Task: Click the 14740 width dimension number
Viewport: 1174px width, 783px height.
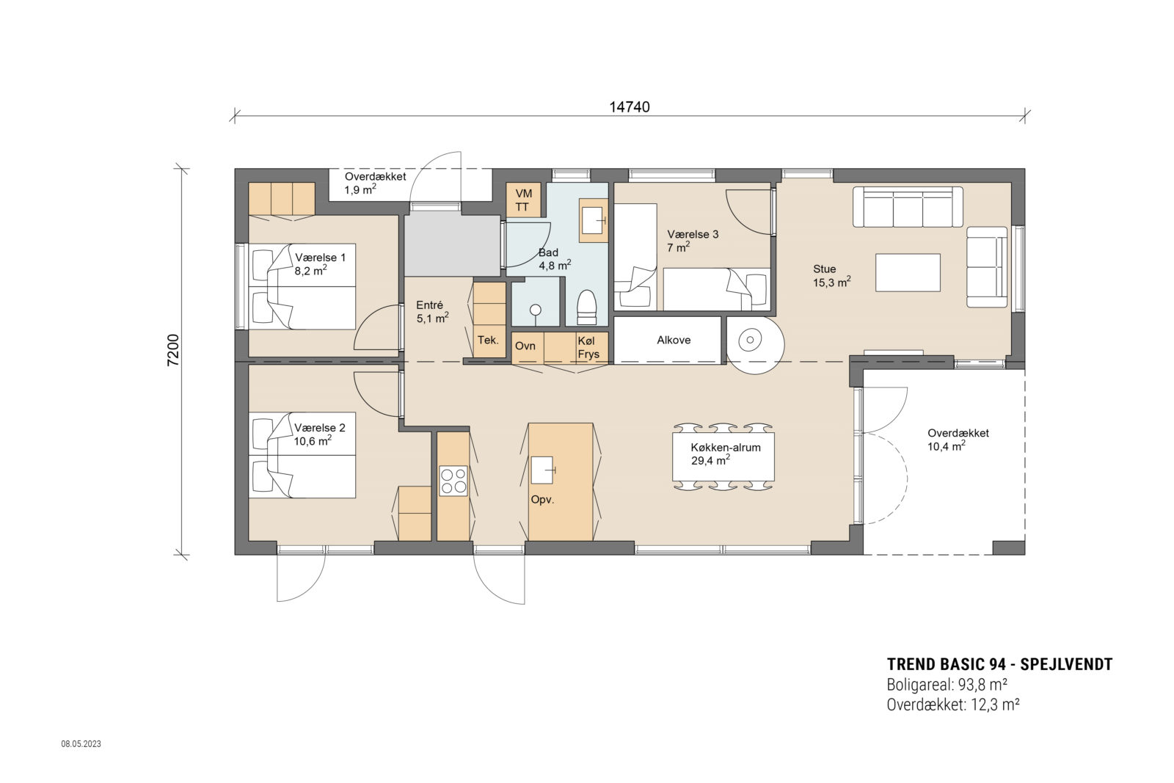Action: pos(630,107)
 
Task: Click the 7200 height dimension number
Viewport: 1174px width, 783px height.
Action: pos(173,350)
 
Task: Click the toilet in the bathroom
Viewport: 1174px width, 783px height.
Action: pos(587,307)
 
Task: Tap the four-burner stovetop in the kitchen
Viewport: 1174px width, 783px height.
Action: pos(453,480)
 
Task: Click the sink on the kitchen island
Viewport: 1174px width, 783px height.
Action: pos(542,469)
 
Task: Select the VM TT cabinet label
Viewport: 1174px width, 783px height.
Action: pos(523,200)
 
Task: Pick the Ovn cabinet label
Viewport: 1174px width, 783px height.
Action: pos(525,346)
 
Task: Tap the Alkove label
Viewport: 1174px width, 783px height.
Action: pos(673,340)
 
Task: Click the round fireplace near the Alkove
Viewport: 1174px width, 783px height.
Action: pos(751,340)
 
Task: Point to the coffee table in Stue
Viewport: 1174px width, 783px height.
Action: pos(908,272)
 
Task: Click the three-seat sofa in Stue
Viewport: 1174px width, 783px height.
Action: pos(908,207)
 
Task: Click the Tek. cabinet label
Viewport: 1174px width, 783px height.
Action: pos(488,340)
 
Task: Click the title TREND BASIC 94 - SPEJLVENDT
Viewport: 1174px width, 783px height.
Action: pos(999,665)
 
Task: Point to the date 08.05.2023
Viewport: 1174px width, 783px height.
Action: pos(81,744)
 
